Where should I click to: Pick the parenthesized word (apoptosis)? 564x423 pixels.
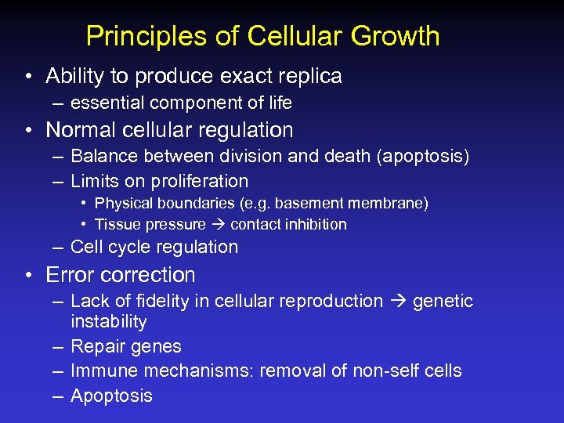pos(423,157)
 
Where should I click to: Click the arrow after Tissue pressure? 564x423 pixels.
pos(219,225)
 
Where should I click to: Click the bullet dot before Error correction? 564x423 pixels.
pos(27,276)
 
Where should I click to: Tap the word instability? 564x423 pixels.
pos(108,322)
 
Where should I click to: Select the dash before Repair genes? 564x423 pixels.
pos(57,346)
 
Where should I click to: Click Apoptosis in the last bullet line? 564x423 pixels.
pos(111,396)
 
